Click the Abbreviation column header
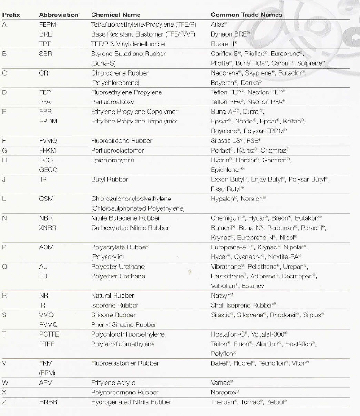[x=59, y=15]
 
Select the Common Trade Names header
[x=246, y=15]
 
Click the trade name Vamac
[x=220, y=383]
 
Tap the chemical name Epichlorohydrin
[x=112, y=160]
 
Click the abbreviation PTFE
[x=46, y=344]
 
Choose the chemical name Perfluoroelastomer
[x=117, y=150]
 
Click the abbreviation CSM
[x=46, y=199]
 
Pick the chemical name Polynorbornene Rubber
[x=124, y=392]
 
